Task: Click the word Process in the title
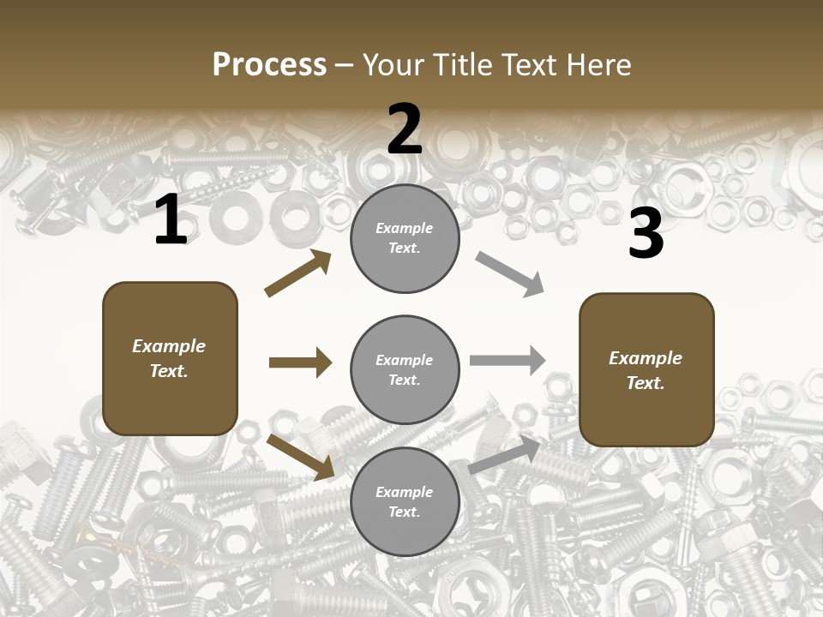(269, 65)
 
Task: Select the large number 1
(171, 220)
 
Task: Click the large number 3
(646, 234)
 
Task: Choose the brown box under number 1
(170, 358)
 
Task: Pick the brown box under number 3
(646, 369)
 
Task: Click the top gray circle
(405, 238)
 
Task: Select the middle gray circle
(405, 369)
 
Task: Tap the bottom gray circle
(405, 501)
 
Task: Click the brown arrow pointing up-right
(298, 273)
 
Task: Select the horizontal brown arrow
(300, 362)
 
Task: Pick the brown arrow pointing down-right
(301, 457)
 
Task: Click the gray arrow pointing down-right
(509, 274)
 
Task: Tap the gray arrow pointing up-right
(505, 455)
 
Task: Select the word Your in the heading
(393, 65)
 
